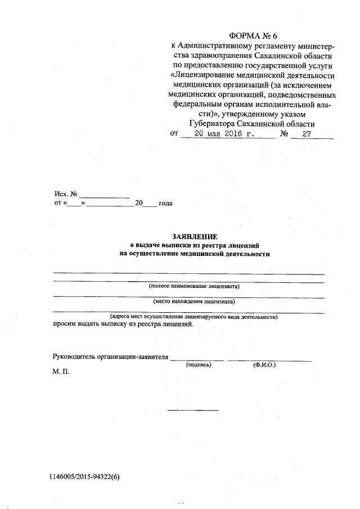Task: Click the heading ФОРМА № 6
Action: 254,36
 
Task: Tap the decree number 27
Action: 307,134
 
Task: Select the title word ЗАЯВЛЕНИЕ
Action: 195,237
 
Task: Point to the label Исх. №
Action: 66,193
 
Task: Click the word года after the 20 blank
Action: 165,203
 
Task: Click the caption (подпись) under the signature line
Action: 198,365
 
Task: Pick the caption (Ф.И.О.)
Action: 264,365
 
